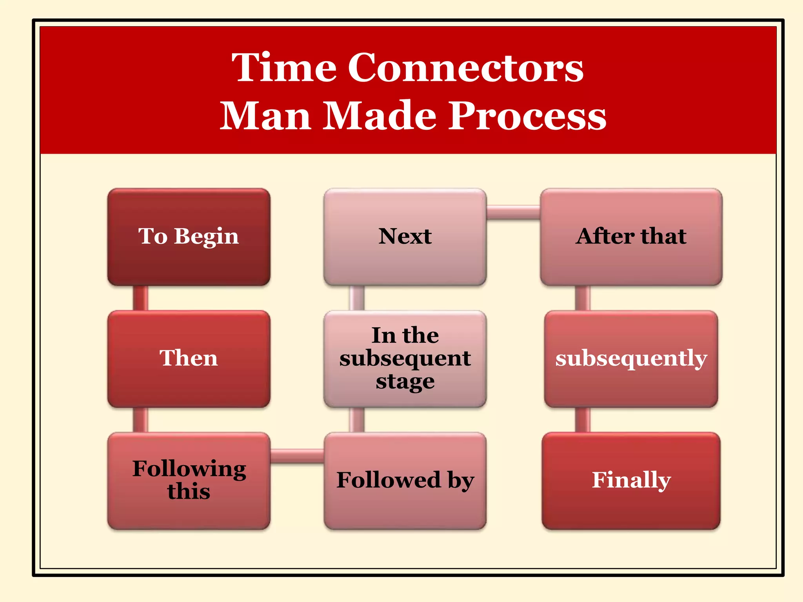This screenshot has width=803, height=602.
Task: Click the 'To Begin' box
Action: [x=189, y=237]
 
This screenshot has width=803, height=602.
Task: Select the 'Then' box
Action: [x=189, y=359]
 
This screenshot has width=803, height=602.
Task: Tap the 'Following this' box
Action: [x=189, y=481]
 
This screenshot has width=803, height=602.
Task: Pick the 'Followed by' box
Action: [x=405, y=481]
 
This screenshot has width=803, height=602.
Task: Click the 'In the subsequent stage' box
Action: [x=405, y=359]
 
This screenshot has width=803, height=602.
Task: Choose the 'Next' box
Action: [x=405, y=237]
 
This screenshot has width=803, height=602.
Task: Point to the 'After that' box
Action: [x=631, y=237]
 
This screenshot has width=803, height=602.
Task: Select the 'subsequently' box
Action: [x=631, y=359]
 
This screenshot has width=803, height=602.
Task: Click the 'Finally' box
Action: [x=631, y=481]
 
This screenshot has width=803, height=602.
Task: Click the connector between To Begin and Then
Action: [x=140, y=298]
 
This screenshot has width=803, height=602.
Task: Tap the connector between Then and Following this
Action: [x=140, y=420]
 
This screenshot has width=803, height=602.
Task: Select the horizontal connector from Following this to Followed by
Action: [x=297, y=456]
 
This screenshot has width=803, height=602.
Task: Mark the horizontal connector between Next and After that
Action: [x=513, y=212]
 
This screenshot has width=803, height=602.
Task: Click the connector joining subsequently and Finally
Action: [x=583, y=420]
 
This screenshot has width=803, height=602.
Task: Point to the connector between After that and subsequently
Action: [x=583, y=298]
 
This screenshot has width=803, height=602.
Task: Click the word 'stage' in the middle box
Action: [x=405, y=381]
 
